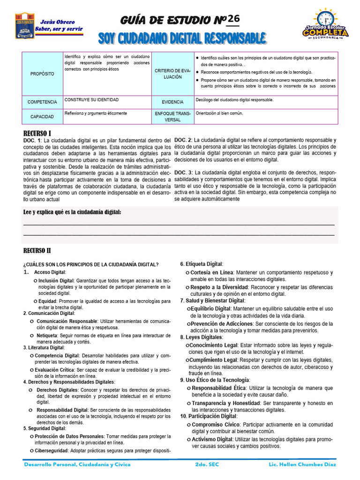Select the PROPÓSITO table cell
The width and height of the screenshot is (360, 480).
[x=42, y=74]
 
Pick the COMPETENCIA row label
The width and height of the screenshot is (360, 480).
[x=42, y=102]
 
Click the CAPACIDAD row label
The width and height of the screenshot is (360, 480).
[x=42, y=116]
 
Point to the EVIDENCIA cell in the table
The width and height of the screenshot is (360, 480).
[x=172, y=102]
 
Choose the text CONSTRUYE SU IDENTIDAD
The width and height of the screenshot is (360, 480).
[x=91, y=100]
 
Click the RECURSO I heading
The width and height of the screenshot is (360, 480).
[x=37, y=133]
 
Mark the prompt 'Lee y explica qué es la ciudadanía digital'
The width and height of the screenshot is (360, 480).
[x=72, y=212]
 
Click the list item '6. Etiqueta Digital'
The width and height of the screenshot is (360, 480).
[x=202, y=264]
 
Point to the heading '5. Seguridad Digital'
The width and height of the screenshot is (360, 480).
[x=45, y=428]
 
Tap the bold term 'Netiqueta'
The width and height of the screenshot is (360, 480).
[x=48, y=335]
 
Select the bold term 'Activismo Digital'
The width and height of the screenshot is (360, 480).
[x=212, y=439]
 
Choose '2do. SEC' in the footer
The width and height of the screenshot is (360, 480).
[x=206, y=465]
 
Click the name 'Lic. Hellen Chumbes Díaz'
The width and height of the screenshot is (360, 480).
[x=303, y=465]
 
